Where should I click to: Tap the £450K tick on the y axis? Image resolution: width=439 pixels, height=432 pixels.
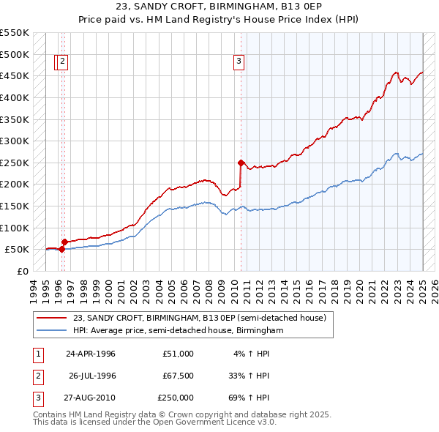point(14,76)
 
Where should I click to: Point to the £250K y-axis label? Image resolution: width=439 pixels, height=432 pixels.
point(14,163)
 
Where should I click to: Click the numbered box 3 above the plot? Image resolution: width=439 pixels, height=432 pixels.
point(239,62)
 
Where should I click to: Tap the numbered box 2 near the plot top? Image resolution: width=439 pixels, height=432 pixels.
point(63,62)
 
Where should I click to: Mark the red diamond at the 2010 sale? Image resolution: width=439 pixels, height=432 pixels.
point(241,163)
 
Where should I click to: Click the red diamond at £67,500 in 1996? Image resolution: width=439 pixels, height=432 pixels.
point(64,242)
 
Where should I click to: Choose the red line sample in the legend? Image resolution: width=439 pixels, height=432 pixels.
point(52,318)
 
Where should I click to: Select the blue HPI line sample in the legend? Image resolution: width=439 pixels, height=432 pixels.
point(52,331)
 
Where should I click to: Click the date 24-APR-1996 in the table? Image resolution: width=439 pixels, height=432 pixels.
point(91,354)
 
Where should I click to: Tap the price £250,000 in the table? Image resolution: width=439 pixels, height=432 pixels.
point(176,398)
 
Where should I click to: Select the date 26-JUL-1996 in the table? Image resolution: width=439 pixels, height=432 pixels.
point(92,376)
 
